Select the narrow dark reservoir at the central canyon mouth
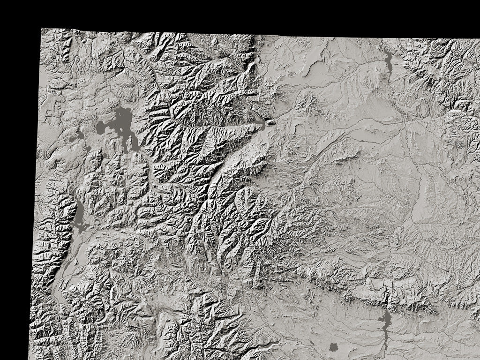(258, 125)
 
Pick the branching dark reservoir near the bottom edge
(385, 323)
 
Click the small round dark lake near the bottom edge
(333, 347)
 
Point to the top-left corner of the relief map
(41, 29)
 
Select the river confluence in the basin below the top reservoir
(404, 120)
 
